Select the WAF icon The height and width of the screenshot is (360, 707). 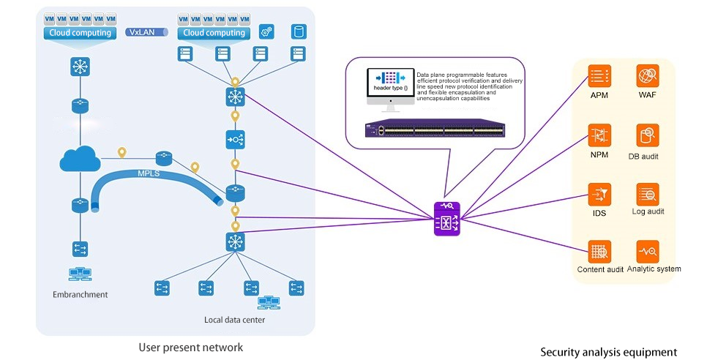coord(648,76)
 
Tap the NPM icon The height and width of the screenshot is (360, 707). coord(599,136)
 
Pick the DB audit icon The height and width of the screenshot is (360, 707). coord(648,135)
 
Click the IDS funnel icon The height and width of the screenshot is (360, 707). coord(599,195)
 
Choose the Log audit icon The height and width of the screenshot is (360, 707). coord(648,194)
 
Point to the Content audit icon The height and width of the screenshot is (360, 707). coord(599,252)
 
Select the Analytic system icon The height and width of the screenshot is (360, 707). coord(648,251)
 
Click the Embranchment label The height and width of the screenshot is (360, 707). coord(81,295)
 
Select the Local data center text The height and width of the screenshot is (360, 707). coord(234,320)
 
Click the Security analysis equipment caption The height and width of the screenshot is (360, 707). coord(609,352)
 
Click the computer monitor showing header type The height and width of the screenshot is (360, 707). coord(389,86)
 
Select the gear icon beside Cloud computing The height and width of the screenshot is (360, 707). coord(267,31)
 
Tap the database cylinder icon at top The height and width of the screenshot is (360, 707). coord(299,31)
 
